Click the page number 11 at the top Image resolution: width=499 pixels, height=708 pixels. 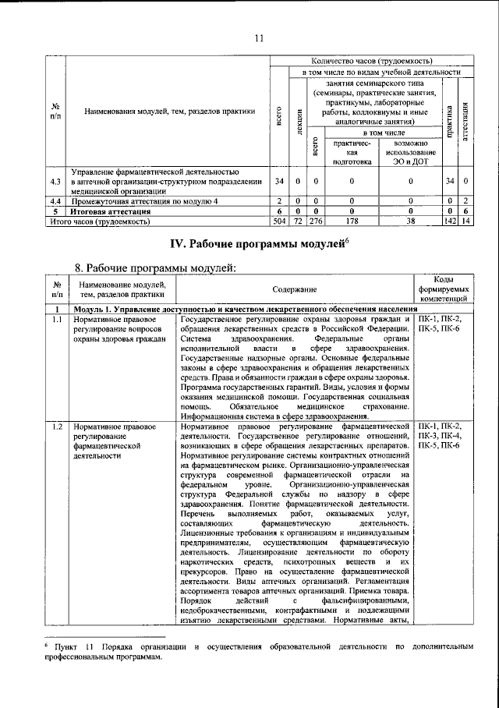(260, 37)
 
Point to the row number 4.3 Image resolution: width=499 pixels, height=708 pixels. (55, 182)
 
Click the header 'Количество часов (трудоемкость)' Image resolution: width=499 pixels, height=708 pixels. (371, 61)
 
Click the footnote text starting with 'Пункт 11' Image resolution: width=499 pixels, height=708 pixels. (258, 652)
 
